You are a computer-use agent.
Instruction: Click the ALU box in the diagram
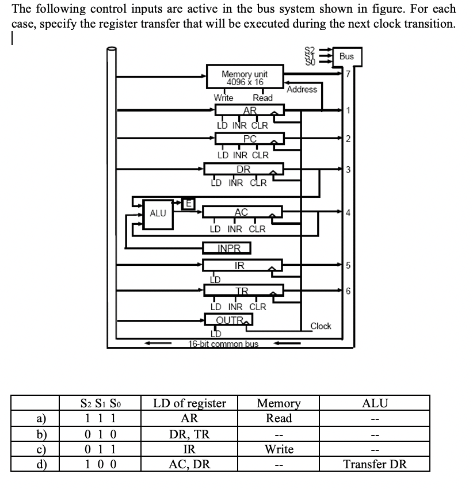pos(158,213)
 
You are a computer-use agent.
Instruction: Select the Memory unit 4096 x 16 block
pos(244,78)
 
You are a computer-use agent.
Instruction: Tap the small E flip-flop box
pos(187,202)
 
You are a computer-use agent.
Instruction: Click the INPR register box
pos(227,249)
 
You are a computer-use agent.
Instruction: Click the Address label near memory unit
pos(302,89)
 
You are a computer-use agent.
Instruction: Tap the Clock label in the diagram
pos(321,326)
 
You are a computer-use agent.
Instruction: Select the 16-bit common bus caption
pos(223,344)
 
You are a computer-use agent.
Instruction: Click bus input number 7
pos(348,73)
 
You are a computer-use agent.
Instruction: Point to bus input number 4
pos(348,212)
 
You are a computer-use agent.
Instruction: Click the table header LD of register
pos(189,403)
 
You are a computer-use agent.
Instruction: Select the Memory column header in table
pos(279,403)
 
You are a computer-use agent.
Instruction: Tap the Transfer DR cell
pos(375,464)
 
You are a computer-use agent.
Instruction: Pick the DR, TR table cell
pos(189,434)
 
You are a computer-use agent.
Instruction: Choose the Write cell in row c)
pos(279,449)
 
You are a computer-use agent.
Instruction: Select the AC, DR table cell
pos(189,464)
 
